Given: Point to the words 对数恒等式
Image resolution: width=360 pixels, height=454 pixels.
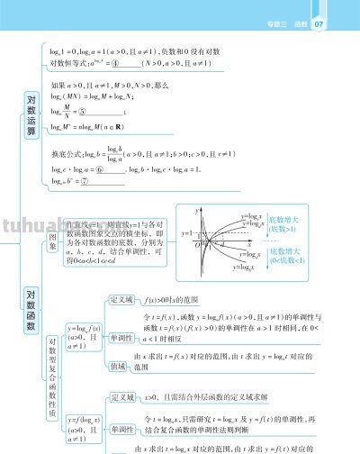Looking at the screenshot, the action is tap(67, 64).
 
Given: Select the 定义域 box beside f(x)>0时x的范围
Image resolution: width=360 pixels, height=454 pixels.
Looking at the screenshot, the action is tap(121, 299).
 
